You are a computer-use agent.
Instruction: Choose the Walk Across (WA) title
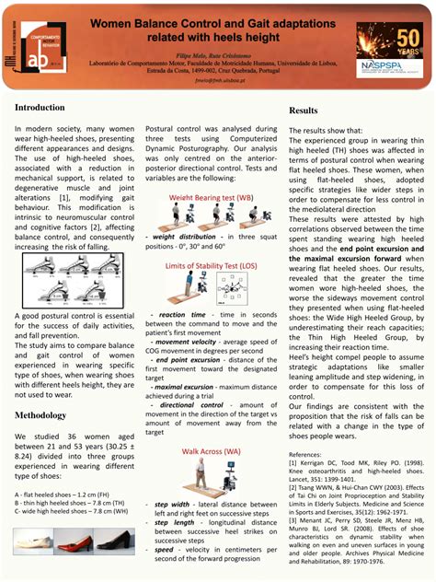(211, 453)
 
